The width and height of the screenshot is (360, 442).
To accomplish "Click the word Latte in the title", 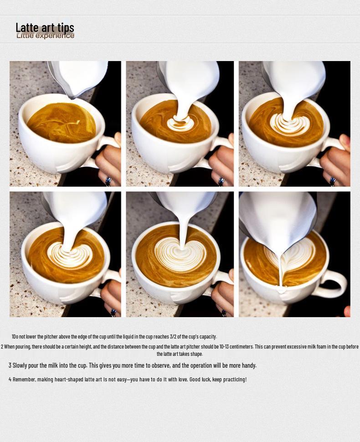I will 26,28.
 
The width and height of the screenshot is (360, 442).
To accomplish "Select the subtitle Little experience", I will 45,36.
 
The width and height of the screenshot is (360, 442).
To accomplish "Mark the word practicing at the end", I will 235,379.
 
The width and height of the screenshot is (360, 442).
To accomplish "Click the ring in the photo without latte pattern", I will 108,181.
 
